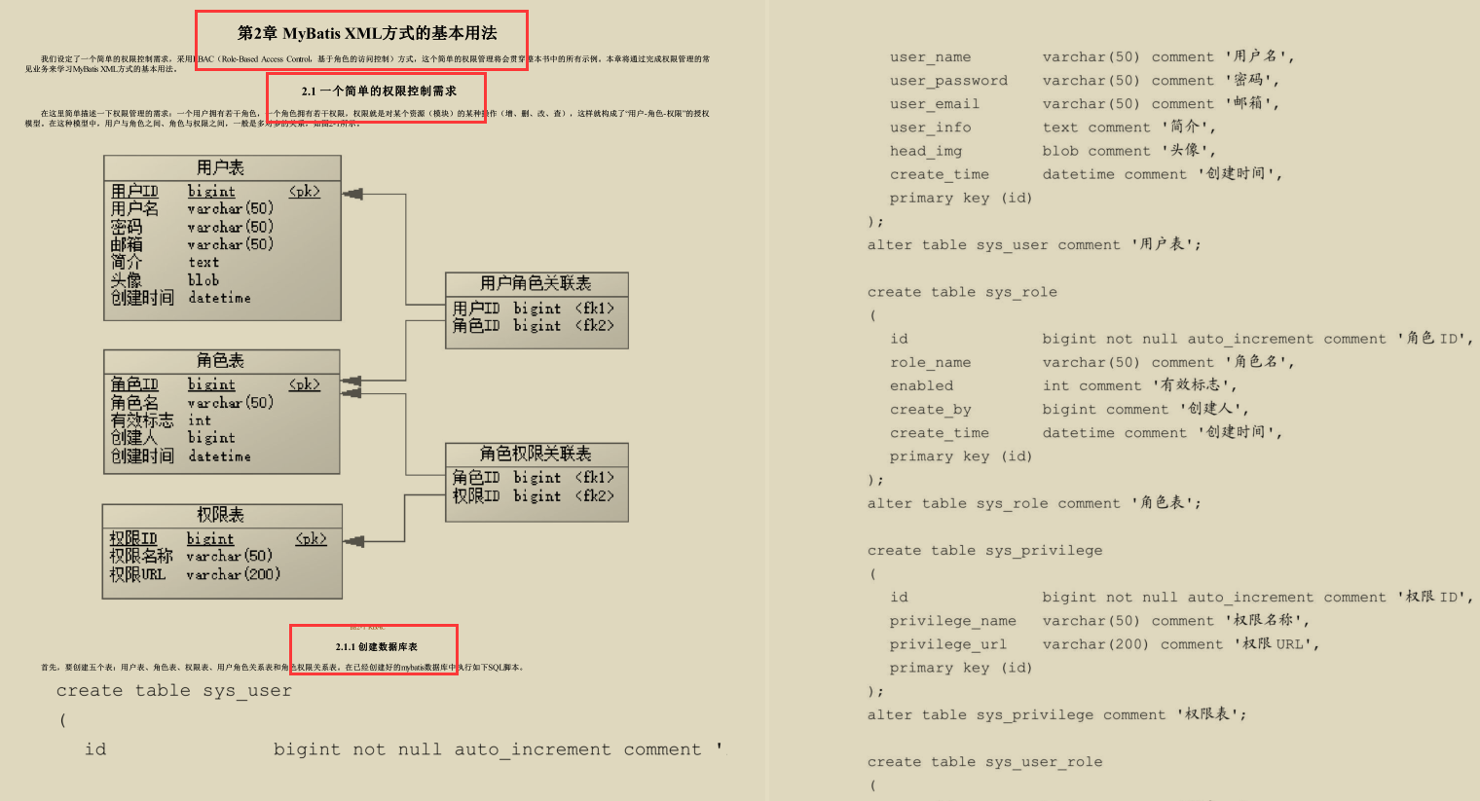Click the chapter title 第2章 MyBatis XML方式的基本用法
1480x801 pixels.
coord(367,33)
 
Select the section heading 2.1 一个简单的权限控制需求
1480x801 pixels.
coord(379,91)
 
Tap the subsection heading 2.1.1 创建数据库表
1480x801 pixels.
coord(377,647)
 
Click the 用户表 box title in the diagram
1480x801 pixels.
coord(221,167)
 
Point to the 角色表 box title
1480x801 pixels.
coord(221,361)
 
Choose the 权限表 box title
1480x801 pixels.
coord(221,515)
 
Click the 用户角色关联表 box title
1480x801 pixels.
coord(536,283)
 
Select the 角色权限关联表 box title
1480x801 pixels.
coord(536,454)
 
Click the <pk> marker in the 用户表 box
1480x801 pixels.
coord(304,192)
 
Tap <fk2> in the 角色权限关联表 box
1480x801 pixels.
coord(594,496)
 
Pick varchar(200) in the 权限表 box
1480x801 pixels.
coord(233,575)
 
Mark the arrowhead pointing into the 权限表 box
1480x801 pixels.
coord(353,541)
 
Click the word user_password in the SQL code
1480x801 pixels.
coord(948,81)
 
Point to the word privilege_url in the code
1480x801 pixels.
coord(947,644)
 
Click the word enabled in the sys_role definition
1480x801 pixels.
coord(921,386)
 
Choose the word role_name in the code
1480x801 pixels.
coord(930,363)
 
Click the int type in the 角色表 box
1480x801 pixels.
coord(199,420)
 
